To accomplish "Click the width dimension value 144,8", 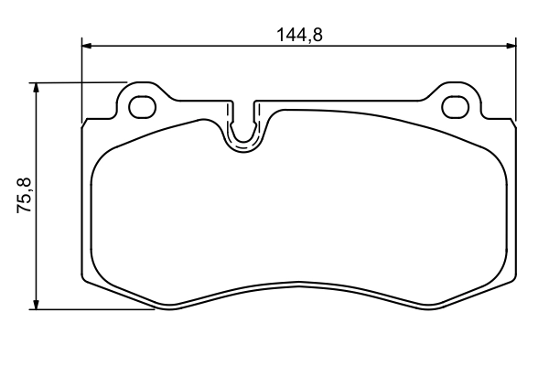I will pos(301,36).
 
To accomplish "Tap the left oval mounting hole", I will pos(142,106).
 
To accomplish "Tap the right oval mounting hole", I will pos(455,106).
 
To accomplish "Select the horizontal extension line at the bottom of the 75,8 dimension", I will pos(91,309).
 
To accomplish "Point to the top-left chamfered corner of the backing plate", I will pos(86,120).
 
